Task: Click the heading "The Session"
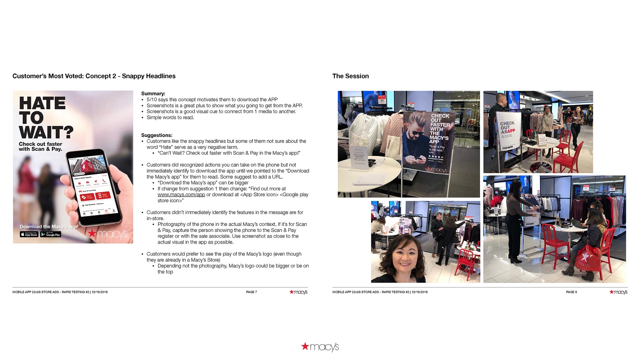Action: pos(350,76)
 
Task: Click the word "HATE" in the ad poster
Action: pos(42,103)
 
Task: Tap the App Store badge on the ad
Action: pos(29,234)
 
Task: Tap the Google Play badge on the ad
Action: pos(51,234)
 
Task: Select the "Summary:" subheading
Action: pos(153,94)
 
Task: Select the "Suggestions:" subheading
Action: pos(157,135)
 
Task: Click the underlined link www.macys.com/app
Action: pos(181,195)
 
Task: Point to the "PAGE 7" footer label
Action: pos(251,292)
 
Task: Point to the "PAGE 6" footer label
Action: pos(571,292)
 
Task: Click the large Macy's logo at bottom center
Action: pos(320,347)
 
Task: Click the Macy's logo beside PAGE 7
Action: pos(298,292)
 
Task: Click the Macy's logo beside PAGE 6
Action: pos(618,292)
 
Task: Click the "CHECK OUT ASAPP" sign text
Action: pos(507,127)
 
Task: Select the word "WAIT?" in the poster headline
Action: pos(46,132)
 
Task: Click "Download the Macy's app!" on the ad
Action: pos(49,227)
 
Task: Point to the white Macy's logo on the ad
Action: pos(108,234)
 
